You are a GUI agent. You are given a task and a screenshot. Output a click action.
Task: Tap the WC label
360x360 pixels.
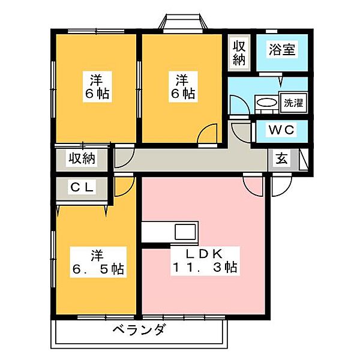[280, 130]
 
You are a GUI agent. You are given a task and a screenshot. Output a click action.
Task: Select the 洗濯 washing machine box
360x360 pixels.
[293, 102]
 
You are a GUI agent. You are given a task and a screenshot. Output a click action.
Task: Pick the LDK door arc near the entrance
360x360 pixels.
[253, 184]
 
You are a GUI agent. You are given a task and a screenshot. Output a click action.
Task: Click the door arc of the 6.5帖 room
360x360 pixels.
[122, 185]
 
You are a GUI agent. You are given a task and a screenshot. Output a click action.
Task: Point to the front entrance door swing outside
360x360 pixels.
[280, 186]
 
